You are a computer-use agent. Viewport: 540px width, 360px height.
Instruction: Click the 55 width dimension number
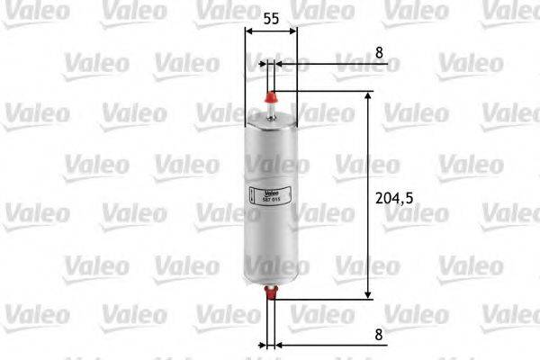click(x=270, y=17)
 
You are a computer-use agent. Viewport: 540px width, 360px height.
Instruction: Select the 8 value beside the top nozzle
click(x=380, y=53)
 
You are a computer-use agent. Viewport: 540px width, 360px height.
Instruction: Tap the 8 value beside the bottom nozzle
click(x=380, y=333)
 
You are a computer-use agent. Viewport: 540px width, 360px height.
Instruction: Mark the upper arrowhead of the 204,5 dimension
click(x=369, y=96)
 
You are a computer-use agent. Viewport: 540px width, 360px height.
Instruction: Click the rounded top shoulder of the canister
click(x=271, y=121)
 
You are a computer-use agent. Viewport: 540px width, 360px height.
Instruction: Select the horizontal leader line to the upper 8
click(x=324, y=64)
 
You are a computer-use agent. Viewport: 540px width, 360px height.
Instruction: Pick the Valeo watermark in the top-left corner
click(x=28, y=9)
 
